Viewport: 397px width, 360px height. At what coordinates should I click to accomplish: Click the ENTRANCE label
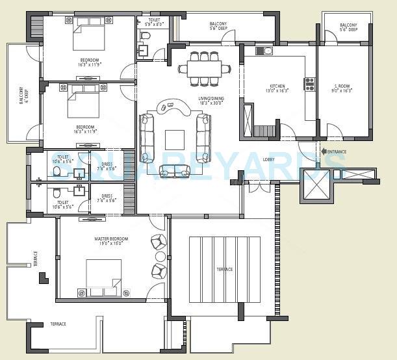[x=337, y=152]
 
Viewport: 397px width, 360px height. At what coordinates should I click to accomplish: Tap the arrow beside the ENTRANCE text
[x=324, y=152]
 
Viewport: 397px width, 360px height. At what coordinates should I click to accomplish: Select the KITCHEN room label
[x=277, y=86]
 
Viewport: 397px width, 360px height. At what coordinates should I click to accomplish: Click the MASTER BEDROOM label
[x=110, y=239]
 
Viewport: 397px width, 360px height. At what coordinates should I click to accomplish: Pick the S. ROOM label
[x=343, y=86]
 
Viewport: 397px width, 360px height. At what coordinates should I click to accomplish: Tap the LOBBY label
[x=268, y=159]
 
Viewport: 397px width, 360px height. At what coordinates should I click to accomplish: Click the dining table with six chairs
[x=205, y=68]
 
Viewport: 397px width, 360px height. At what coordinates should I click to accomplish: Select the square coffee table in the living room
[x=174, y=140]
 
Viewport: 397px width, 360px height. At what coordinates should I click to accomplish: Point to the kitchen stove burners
[x=309, y=83]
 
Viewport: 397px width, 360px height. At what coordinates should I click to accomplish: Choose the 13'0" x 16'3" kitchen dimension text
[x=277, y=92]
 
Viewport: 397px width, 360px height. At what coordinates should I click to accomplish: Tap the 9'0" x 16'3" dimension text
[x=343, y=92]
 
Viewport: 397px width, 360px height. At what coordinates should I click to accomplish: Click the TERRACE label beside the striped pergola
[x=225, y=269]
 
